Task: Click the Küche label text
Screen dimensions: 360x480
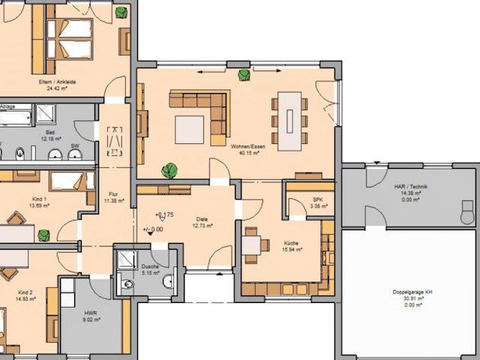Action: coord(291,243)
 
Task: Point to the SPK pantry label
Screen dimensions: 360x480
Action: coord(317,199)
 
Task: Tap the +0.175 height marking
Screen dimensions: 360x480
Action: coord(164,214)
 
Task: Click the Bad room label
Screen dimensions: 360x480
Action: coord(49,131)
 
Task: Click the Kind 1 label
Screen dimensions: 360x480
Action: coord(38,199)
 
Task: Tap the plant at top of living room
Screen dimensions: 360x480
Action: coord(244,74)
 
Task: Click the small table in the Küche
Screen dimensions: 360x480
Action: coord(254,244)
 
